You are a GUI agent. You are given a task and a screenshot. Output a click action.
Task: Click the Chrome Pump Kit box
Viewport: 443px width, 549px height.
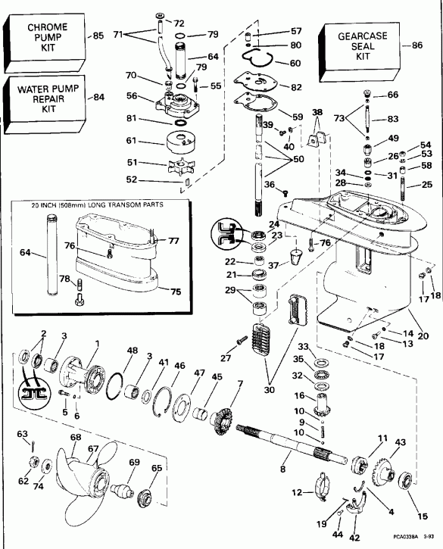(x=47, y=36)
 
